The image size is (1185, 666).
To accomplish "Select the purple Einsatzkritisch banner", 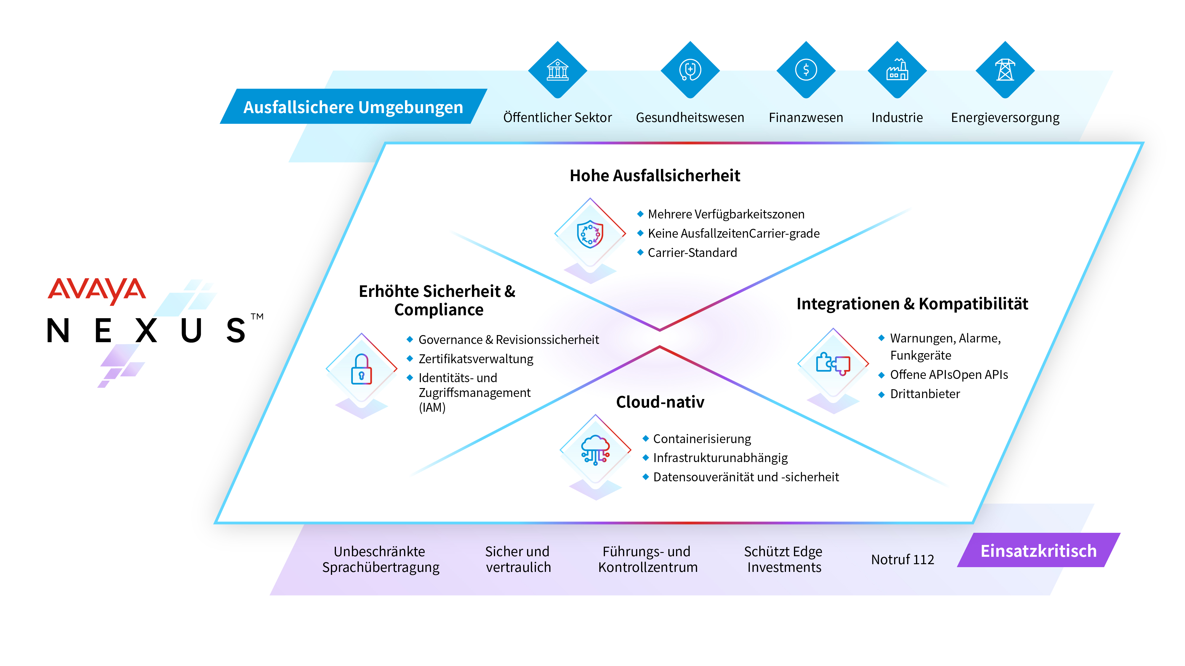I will pyautogui.click(x=1038, y=550).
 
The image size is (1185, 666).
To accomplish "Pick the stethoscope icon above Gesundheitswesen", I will pyautogui.click(x=690, y=70).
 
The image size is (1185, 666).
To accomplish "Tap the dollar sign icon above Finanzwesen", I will pyautogui.click(x=806, y=70).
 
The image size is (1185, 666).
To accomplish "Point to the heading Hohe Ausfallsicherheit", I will pyautogui.click(x=655, y=176).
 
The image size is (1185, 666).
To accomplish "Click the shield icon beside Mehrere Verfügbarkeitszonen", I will pyautogui.click(x=590, y=234).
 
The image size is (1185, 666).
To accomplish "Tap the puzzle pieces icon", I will pyautogui.click(x=833, y=363).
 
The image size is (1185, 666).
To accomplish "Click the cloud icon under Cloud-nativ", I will pyautogui.click(x=595, y=450).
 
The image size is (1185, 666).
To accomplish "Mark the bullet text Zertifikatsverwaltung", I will pyautogui.click(x=476, y=359).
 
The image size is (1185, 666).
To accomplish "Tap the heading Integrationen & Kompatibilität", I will pyautogui.click(x=912, y=304).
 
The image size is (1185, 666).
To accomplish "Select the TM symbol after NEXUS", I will pyautogui.click(x=257, y=316).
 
